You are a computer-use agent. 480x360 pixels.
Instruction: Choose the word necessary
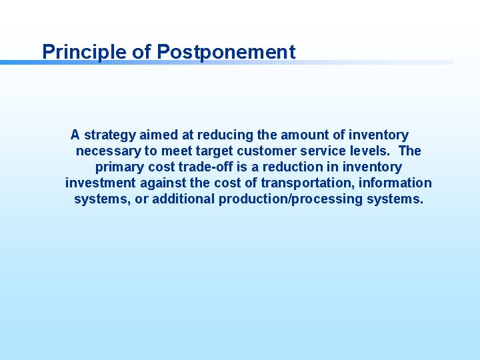107,151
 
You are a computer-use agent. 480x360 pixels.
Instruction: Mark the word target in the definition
201,151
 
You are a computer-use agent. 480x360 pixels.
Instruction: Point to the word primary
119,167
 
